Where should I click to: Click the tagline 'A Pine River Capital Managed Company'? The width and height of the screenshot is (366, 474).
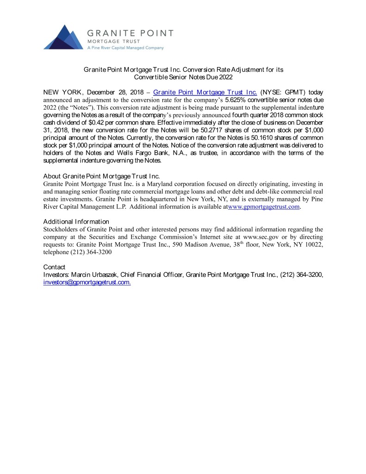pos(125,48)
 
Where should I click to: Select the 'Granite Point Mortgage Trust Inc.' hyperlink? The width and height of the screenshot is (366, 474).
pos(205,92)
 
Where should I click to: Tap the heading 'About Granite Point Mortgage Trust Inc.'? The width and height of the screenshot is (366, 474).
pos(101,176)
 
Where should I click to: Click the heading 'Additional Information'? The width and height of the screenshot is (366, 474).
pos(76,221)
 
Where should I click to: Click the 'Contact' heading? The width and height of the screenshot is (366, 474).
pos(54,267)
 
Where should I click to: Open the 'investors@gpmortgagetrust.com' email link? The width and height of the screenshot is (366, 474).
pos(87,282)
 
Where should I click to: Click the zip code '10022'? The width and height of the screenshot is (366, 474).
pos(314,244)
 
